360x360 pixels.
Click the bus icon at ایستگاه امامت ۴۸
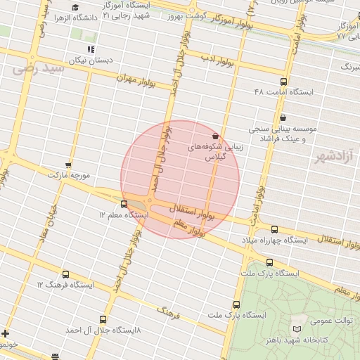283,82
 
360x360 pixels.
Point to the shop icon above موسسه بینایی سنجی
283,117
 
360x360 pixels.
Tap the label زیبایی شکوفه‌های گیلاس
214,154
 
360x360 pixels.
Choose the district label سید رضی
39,68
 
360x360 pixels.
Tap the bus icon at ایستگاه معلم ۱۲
124,204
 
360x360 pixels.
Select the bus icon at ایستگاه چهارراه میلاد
274,229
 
